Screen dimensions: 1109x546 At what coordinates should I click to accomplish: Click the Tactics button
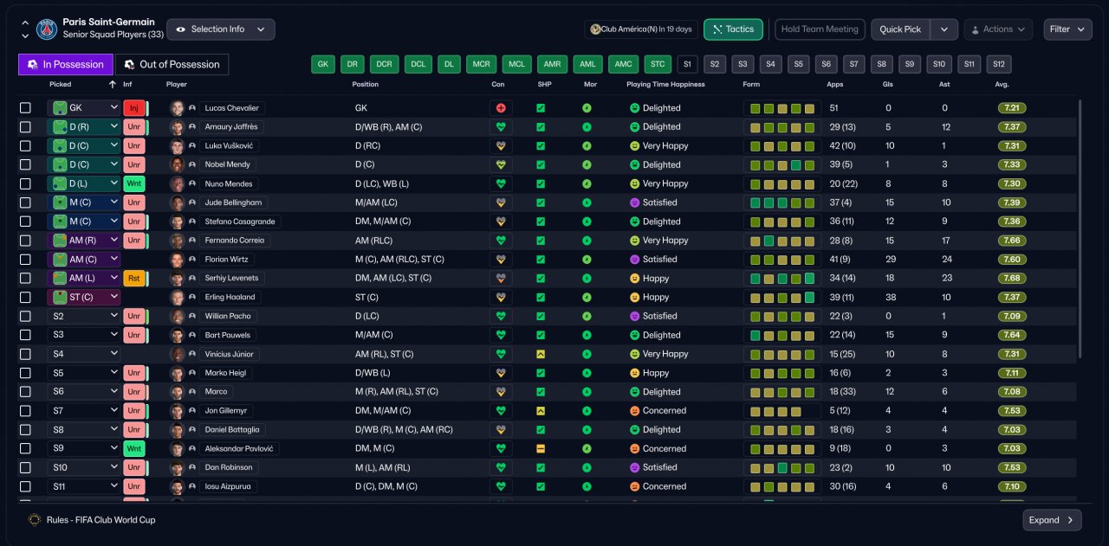click(733, 29)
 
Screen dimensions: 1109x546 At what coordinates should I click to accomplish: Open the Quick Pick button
click(899, 29)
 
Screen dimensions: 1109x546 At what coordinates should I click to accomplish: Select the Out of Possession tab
click(172, 64)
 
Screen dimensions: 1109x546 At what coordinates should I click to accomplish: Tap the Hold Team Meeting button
click(820, 29)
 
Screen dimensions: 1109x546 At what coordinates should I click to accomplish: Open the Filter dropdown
click(1067, 29)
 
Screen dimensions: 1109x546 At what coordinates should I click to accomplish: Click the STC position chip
click(658, 64)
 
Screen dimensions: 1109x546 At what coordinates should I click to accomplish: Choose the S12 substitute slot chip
click(999, 64)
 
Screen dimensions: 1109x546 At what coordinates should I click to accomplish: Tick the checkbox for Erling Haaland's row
click(25, 298)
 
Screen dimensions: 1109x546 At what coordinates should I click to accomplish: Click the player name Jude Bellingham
click(233, 202)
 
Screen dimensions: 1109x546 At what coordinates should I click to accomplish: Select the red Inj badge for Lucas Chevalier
click(133, 108)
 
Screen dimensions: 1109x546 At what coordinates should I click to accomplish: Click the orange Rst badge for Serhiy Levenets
click(133, 278)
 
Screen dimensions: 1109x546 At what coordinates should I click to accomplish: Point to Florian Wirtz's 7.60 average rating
click(1011, 259)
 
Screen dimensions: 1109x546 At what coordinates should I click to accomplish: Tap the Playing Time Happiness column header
click(665, 85)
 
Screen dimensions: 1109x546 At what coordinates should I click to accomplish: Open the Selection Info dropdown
click(221, 29)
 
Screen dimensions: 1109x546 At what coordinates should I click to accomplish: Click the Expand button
click(1052, 520)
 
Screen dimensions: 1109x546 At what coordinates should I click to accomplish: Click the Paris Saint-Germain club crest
click(47, 29)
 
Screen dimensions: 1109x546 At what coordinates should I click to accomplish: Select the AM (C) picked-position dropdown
click(84, 259)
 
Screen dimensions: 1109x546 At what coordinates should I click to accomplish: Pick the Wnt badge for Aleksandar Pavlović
click(133, 448)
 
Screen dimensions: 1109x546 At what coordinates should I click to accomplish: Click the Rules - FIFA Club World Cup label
click(101, 520)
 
